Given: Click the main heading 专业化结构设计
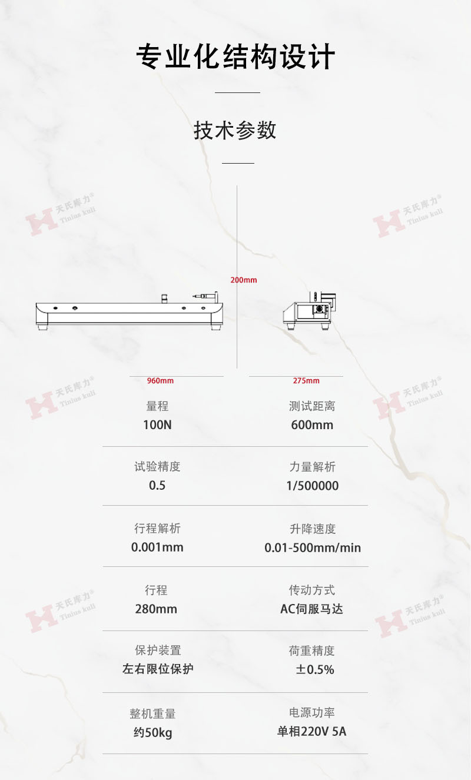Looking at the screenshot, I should pyautogui.click(x=235, y=58).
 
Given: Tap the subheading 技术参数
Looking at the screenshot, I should pyautogui.click(x=235, y=130).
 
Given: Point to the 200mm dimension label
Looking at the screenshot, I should pyautogui.click(x=244, y=280).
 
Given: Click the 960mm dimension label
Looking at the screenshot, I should pyautogui.click(x=160, y=381).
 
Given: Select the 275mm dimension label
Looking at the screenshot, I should pyautogui.click(x=306, y=381).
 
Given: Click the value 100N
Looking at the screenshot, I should pyautogui.click(x=157, y=424).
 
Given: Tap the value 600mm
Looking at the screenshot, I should pyautogui.click(x=312, y=424).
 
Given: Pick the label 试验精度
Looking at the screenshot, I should pyautogui.click(x=157, y=467).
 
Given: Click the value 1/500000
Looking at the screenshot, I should pyautogui.click(x=312, y=486).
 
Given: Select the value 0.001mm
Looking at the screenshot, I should pyautogui.click(x=157, y=547).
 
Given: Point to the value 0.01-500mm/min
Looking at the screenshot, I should pyautogui.click(x=312, y=547).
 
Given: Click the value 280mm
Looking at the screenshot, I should pyautogui.click(x=156, y=609).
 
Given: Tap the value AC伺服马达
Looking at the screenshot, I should pyautogui.click(x=311, y=609).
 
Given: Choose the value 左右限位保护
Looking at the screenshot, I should pyautogui.click(x=158, y=669).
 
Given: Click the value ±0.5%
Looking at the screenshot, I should pyautogui.click(x=315, y=669).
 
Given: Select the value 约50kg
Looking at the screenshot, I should pyautogui.click(x=152, y=733).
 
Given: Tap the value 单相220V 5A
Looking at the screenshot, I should pyautogui.click(x=312, y=732).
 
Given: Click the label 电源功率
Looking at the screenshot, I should pyautogui.click(x=312, y=713).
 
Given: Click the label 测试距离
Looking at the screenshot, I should pyautogui.click(x=312, y=406).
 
